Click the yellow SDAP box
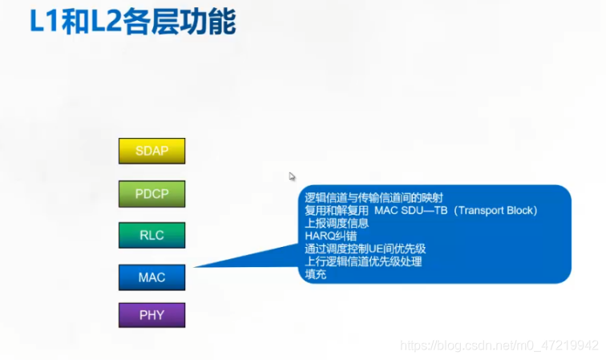click(151, 151)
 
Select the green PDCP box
click(151, 193)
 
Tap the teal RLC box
click(151, 235)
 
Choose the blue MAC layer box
click(151, 277)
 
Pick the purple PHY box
click(151, 315)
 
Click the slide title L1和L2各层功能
click(132, 22)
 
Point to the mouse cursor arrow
click(293, 176)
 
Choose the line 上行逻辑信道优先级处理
click(363, 261)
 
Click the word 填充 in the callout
click(316, 274)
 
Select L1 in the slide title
click(44, 22)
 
